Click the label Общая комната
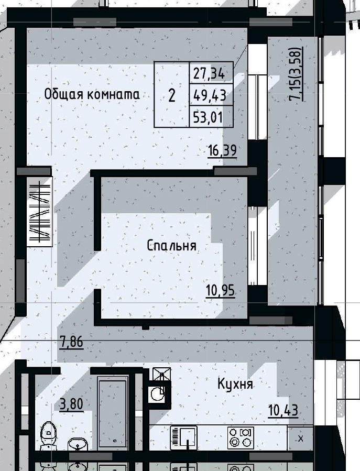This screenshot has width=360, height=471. pos(92,95)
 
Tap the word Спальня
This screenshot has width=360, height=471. pos(172,246)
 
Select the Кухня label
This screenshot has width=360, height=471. pos(235,385)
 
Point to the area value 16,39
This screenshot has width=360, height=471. pos(222,151)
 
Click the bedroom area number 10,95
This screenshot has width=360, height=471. pos(220,290)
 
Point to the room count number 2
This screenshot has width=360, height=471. pos(171,95)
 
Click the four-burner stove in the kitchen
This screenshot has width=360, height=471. pos(241,437)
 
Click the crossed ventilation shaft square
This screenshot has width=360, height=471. pos(161,376)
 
